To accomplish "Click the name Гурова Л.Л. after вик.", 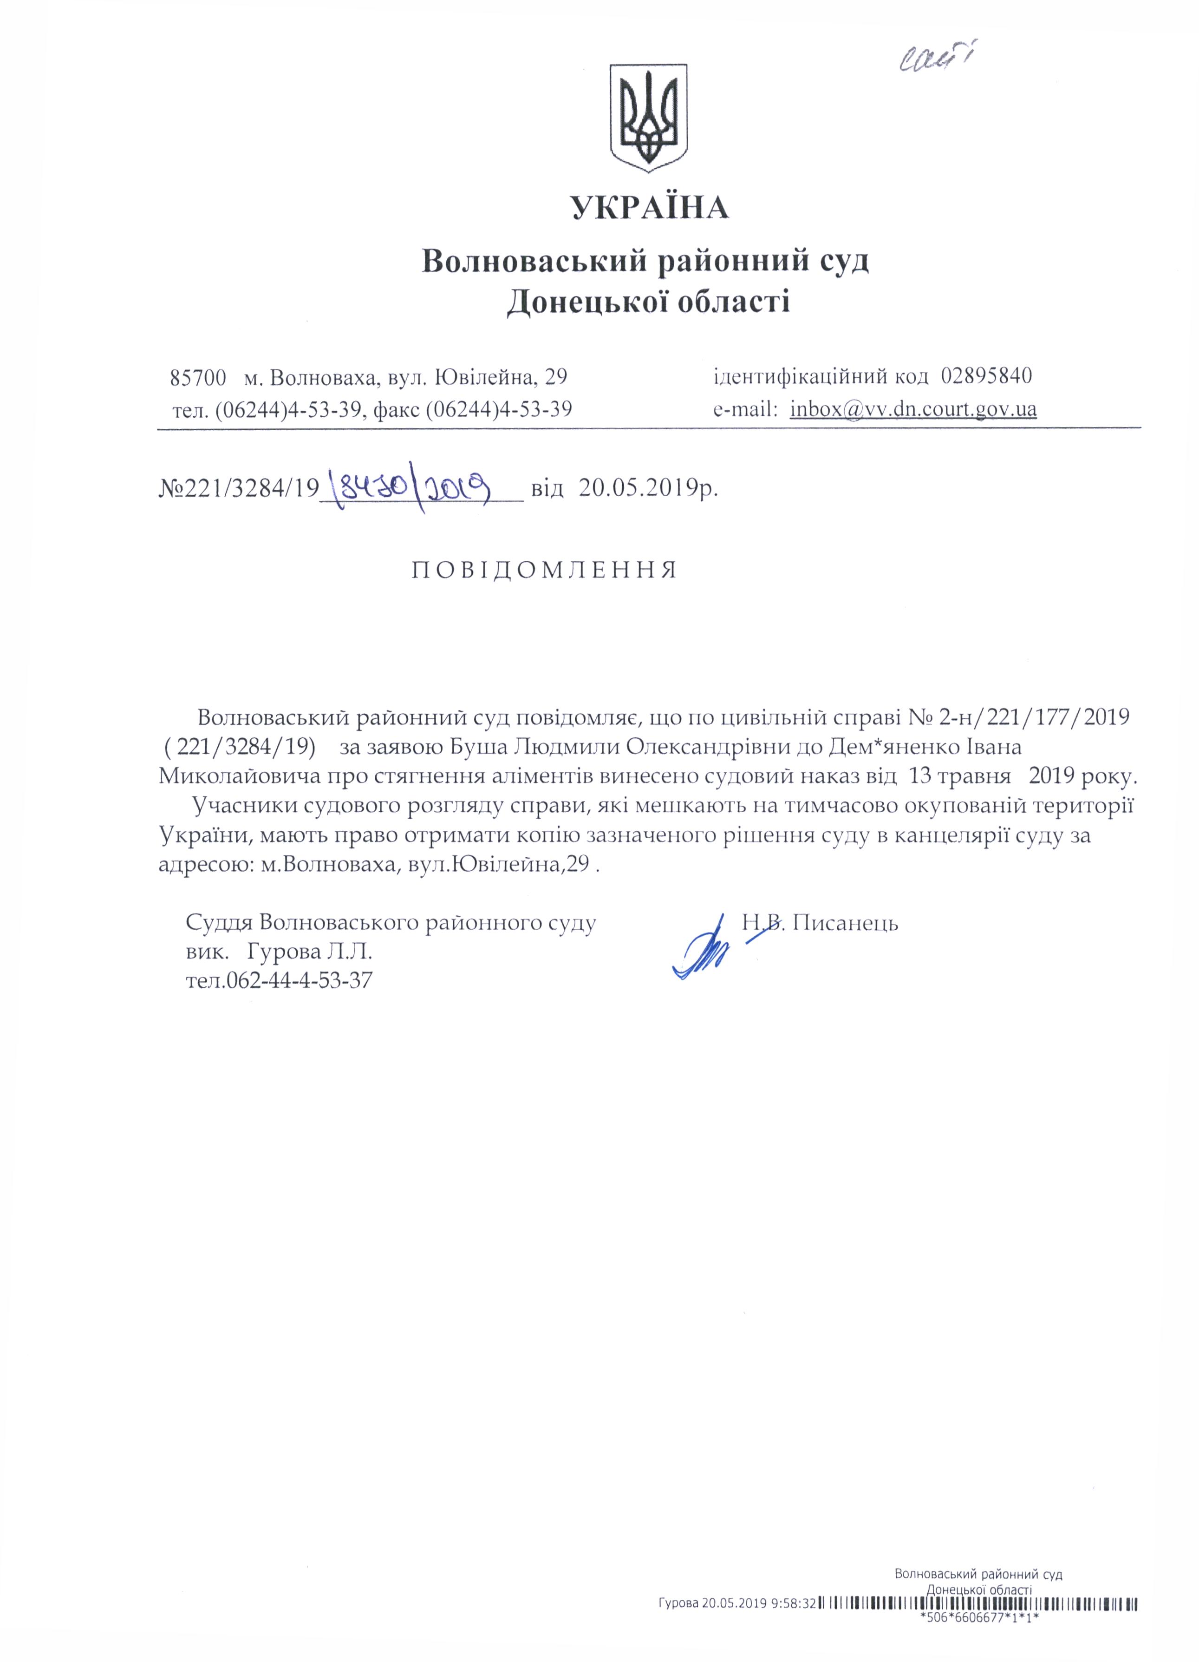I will [311, 953].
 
